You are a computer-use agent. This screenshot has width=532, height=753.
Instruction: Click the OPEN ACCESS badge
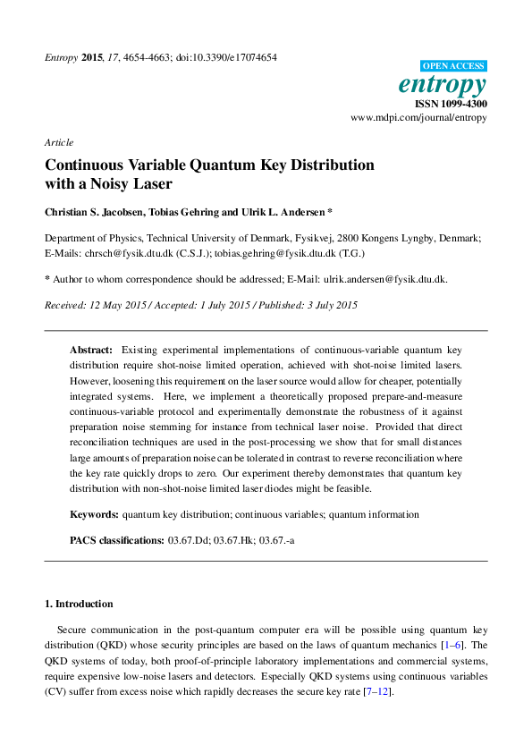tap(453, 66)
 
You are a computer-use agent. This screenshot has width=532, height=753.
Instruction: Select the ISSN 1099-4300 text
tap(452, 104)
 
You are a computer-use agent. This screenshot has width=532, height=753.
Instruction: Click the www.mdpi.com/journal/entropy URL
tap(418, 117)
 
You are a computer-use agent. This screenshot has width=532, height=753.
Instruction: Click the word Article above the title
tap(58, 142)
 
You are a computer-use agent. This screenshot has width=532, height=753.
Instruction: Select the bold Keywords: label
tap(95, 514)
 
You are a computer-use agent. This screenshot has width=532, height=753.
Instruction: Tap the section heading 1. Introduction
tap(79, 604)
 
